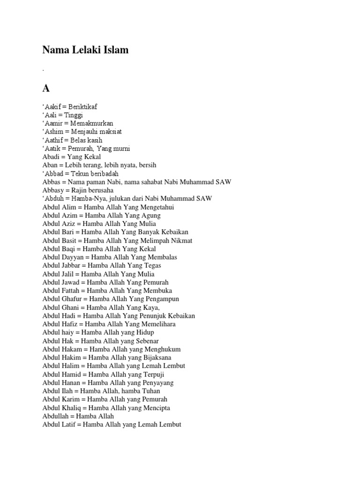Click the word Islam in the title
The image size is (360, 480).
(x=112, y=50)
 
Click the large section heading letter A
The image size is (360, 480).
(x=46, y=89)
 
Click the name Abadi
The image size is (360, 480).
(x=51, y=157)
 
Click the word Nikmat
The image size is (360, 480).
(x=181, y=240)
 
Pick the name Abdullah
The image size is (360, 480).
(x=56, y=416)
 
